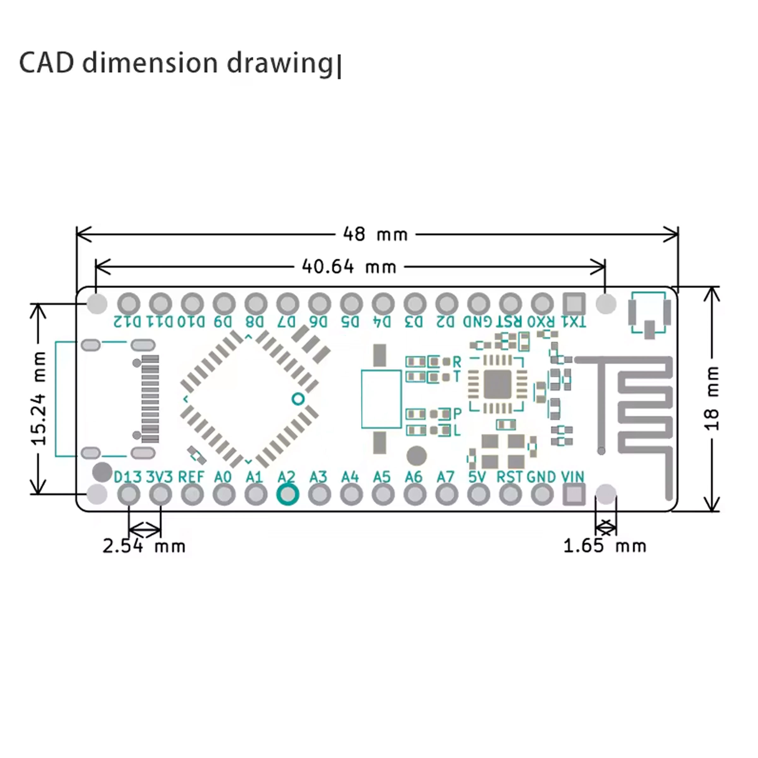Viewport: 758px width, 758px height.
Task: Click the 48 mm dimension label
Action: pos(376,234)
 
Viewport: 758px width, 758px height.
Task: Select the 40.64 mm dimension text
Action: pos(349,267)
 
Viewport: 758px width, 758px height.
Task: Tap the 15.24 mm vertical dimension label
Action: pos(39,398)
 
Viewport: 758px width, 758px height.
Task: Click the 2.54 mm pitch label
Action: pos(144,546)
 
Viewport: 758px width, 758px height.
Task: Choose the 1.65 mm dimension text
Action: pos(605,546)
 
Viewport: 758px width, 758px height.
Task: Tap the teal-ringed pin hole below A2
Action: pos(288,494)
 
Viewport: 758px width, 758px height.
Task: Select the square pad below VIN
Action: pos(574,494)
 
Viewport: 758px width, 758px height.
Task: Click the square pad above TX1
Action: pos(574,303)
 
